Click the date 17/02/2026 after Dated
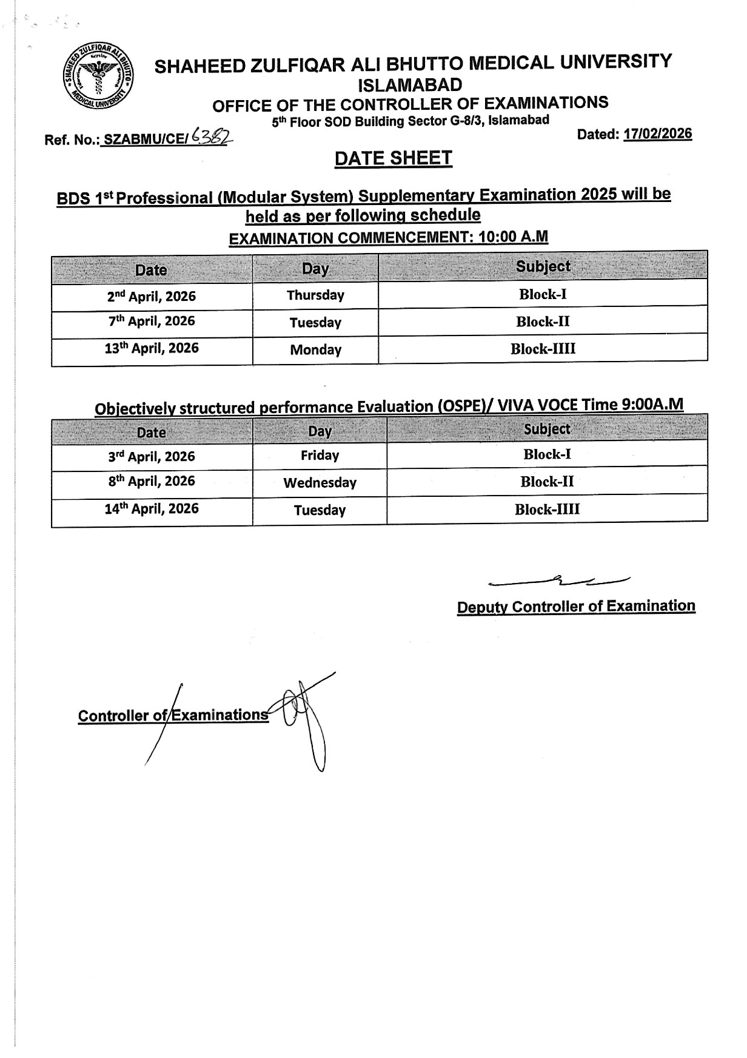(658, 133)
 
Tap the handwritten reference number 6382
(211, 138)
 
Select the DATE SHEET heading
(393, 158)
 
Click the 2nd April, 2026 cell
(152, 296)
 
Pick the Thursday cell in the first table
(315, 295)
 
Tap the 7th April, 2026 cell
(152, 322)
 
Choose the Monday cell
(315, 350)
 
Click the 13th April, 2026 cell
(152, 349)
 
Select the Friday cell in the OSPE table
(320, 456)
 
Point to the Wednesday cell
(320, 483)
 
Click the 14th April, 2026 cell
(152, 509)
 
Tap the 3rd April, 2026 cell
(152, 456)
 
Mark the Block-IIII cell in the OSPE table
(547, 510)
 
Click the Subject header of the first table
(543, 267)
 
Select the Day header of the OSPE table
(320, 431)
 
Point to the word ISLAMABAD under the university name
(410, 84)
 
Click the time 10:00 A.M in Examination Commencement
(513, 237)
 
